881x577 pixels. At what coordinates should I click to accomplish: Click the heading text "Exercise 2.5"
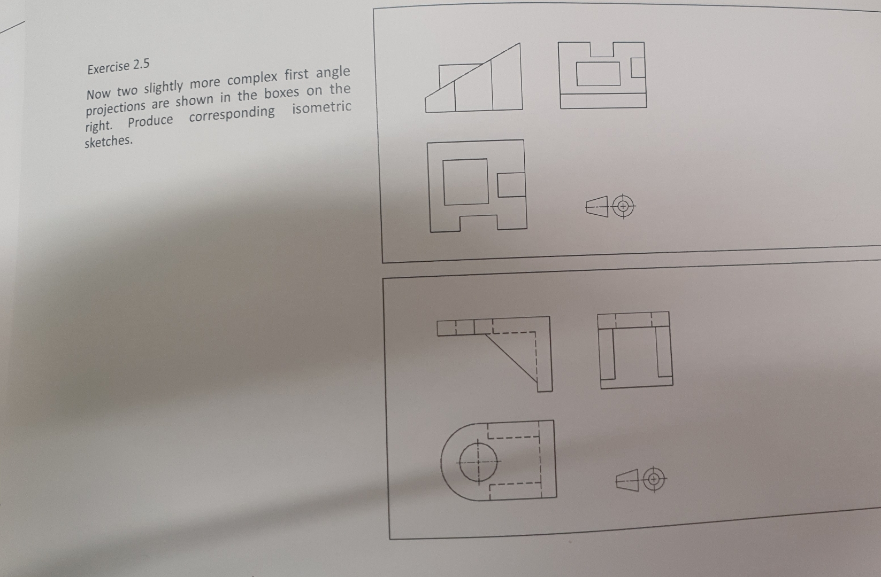118,67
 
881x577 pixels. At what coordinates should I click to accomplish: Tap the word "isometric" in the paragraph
321,108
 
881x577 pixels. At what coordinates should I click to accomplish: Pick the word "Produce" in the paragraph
150,122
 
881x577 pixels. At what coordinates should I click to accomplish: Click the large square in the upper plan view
465,182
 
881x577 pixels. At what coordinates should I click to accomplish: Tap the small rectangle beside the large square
511,184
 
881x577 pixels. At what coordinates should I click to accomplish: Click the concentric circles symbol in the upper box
623,206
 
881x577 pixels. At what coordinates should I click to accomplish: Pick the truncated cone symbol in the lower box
627,480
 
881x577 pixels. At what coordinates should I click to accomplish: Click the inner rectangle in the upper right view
598,74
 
